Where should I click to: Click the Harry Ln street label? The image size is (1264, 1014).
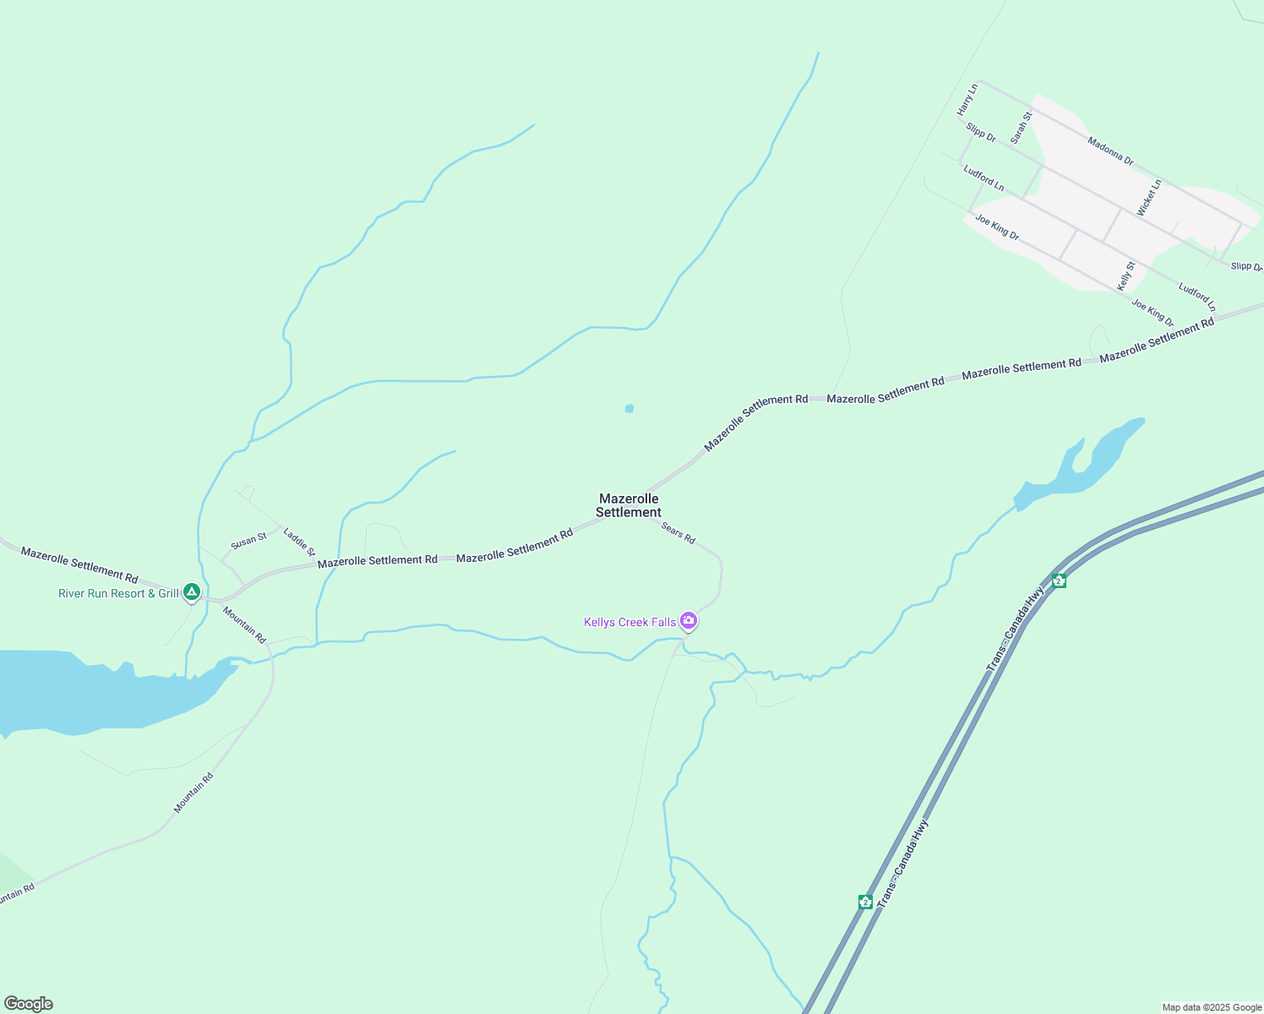pos(967,100)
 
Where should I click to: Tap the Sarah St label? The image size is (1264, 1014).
pos(1022,128)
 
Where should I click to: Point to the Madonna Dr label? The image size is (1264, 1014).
pos(1110,150)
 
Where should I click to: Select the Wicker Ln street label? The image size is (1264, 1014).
pos(1149,198)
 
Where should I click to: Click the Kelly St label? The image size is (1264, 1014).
pos(1126,276)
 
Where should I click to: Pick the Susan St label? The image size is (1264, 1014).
pos(248,540)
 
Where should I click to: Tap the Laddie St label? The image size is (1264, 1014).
pos(299,542)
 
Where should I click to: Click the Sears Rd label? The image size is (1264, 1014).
pos(678,533)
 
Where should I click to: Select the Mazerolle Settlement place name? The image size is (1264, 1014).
pos(629,505)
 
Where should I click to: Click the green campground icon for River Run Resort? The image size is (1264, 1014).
pos(192,592)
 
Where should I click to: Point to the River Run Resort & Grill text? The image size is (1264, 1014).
pos(118,594)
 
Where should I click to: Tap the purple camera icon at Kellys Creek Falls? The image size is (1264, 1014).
pos(689,621)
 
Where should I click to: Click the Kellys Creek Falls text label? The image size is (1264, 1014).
pos(629,623)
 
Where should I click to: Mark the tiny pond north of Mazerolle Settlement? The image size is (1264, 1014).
pos(629,409)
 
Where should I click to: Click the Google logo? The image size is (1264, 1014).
pos(28,1004)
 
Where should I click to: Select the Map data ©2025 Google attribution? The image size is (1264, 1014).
pos(1212,1007)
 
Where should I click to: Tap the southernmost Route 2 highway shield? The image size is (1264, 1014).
pos(865,902)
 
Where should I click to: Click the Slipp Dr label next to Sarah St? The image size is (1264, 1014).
pos(981,133)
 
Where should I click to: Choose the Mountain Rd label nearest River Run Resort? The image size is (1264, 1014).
pos(244,624)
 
